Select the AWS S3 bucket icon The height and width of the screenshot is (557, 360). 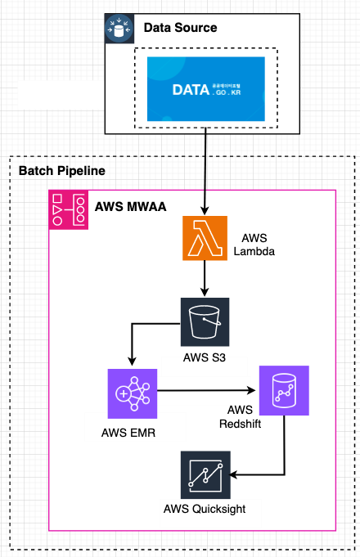pos(205,321)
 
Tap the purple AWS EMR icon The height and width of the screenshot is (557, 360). pos(132,392)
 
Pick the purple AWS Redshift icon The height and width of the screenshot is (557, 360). pos(284,390)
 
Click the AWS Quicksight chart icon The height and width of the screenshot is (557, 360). pos(205,474)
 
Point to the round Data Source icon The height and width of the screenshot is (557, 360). pos(119,28)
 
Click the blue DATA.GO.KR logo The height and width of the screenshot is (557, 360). pos(205,88)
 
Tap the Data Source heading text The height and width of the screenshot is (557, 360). pos(180,28)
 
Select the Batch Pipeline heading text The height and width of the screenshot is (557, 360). pos(61,171)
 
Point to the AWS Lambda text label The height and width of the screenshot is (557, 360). pos(249,244)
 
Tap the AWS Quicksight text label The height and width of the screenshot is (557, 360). pos(205,509)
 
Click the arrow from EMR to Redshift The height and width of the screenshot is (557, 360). pos(205,391)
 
